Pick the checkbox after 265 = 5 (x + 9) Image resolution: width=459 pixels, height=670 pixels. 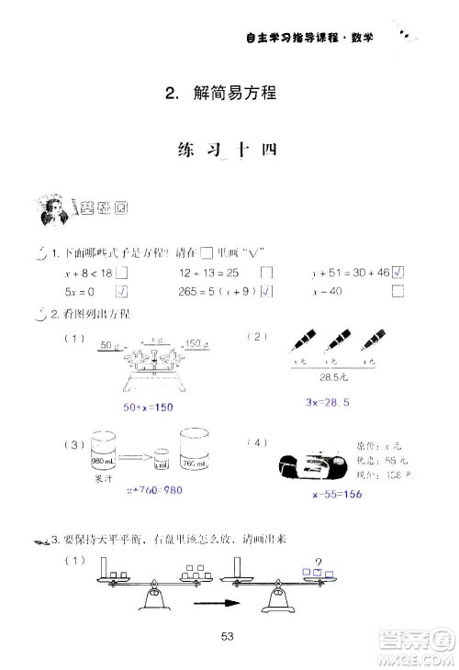[x=266, y=292]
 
